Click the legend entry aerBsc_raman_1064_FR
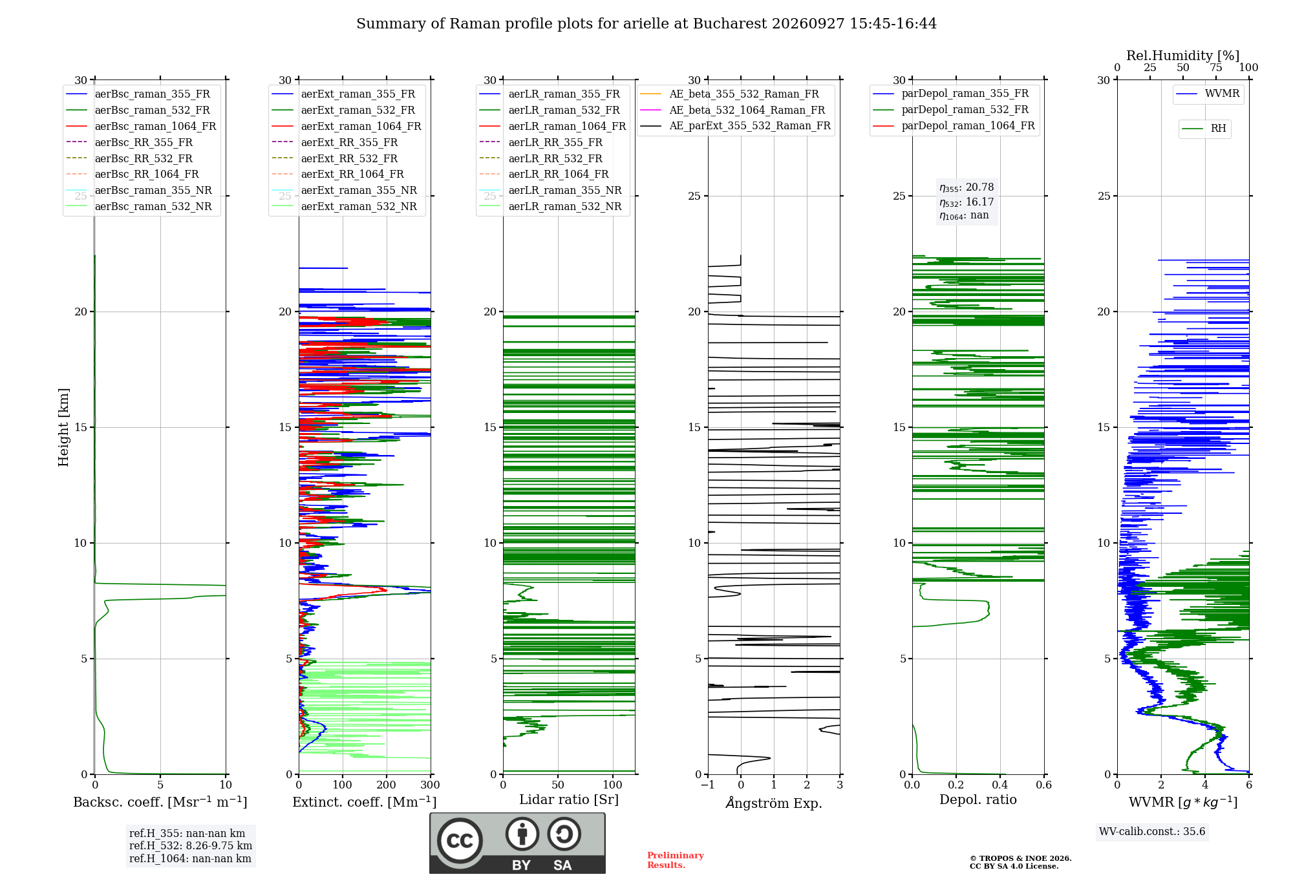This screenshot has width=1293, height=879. tap(141, 126)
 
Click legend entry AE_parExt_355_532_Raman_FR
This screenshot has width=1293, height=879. tap(736, 125)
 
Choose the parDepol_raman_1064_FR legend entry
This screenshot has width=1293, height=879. tap(954, 125)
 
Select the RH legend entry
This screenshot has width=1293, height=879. tap(1204, 129)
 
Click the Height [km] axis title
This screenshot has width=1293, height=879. tap(63, 427)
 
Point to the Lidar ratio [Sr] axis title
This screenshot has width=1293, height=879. tap(569, 800)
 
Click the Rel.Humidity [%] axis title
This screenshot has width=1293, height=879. tap(1183, 56)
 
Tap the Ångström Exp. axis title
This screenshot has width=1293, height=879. tap(774, 803)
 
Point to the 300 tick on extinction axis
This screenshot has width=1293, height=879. tap(431, 785)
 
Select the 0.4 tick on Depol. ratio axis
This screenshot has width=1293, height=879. tap(1000, 785)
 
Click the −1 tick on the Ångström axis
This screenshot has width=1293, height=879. tap(707, 785)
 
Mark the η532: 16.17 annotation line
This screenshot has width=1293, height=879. tap(967, 202)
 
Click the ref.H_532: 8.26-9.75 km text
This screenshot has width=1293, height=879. tap(191, 845)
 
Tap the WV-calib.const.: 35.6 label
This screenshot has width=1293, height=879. tap(1152, 831)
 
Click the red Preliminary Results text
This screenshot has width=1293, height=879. tap(676, 860)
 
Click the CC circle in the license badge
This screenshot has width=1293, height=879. tap(460, 840)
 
